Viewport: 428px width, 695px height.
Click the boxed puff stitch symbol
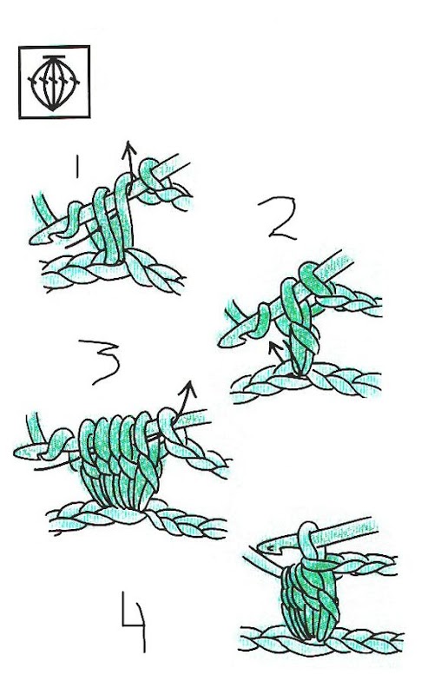coord(54,82)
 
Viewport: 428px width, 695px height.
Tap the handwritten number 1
coord(77,167)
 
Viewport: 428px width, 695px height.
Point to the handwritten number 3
coord(100,361)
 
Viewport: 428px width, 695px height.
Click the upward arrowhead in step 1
coord(129,148)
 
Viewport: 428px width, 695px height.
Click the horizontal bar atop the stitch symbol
coord(54,57)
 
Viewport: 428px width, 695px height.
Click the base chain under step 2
coord(306,382)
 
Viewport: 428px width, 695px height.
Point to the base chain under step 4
coord(322,639)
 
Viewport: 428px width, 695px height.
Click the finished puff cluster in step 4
coord(310,599)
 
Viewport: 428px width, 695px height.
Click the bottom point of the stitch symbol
coord(52,109)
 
